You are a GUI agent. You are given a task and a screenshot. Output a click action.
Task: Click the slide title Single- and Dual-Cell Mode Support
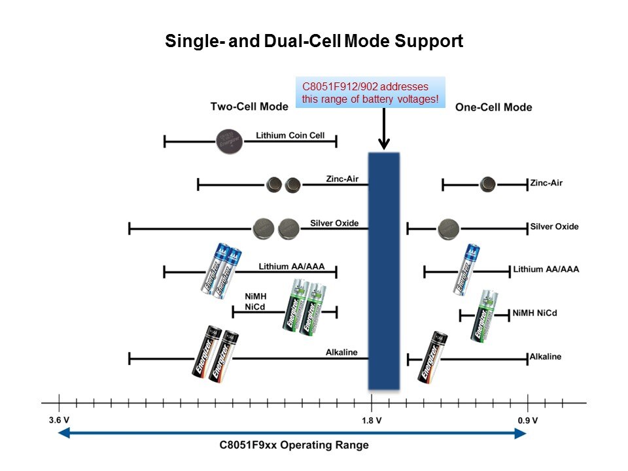point(313,41)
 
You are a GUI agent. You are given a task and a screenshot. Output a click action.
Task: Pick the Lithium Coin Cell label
point(290,136)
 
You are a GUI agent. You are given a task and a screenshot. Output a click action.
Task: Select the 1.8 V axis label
point(372,420)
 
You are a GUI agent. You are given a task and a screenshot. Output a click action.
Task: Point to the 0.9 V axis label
point(528,420)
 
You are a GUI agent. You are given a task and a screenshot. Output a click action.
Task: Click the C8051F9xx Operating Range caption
point(294,445)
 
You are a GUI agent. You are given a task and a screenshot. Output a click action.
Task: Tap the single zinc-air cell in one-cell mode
point(487,184)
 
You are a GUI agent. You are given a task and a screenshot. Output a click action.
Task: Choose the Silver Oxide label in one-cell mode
point(554,227)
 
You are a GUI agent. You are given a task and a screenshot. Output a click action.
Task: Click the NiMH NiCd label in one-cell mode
point(535,313)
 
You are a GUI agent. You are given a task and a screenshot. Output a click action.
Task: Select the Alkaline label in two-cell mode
point(341,353)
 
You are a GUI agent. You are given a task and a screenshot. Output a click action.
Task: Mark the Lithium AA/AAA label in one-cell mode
point(546,269)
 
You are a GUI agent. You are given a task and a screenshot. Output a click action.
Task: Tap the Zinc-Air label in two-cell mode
point(342,179)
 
